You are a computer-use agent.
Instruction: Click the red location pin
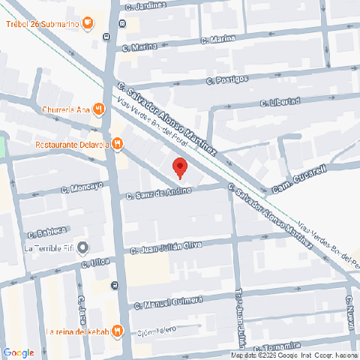179,167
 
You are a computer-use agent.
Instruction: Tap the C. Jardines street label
145,6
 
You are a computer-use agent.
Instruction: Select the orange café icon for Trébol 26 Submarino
88,22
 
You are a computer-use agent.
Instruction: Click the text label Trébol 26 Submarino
42,23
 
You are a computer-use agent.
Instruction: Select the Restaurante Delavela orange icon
118,144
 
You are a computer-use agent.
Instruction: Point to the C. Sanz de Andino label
159,193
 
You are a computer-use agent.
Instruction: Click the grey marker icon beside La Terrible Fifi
82,248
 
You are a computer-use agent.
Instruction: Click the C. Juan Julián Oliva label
166,248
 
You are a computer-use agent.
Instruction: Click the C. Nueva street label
349,310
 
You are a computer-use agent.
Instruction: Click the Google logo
19,352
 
